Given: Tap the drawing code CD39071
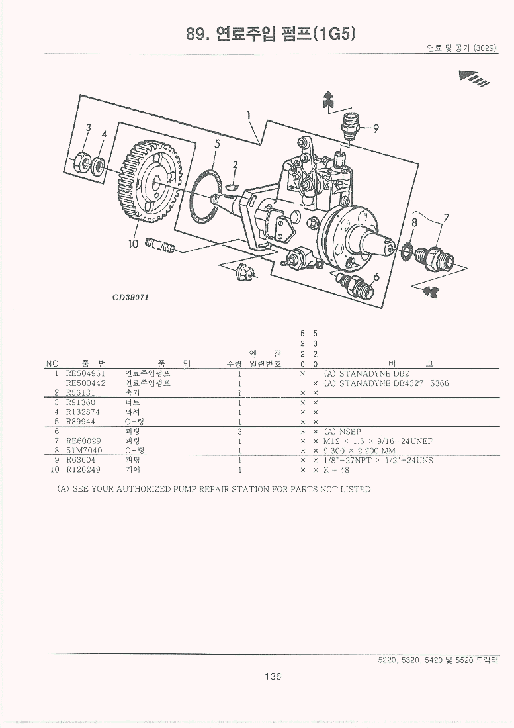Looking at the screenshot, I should pyautogui.click(x=130, y=297).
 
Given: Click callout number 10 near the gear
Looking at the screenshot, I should pyautogui.click(x=132, y=244).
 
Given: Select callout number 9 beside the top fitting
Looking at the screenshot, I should pyautogui.click(x=376, y=128).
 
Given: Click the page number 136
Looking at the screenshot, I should pyautogui.click(x=273, y=676).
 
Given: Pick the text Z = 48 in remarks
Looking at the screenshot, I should pyautogui.click(x=336, y=470).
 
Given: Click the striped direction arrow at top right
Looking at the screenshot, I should pyautogui.click(x=474, y=78).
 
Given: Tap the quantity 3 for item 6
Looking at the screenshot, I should pyautogui.click(x=238, y=432).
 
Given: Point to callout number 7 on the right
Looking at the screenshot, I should pyautogui.click(x=446, y=218).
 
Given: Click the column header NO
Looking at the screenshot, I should pyautogui.click(x=52, y=364).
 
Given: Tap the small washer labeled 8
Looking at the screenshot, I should pyautogui.click(x=407, y=250).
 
